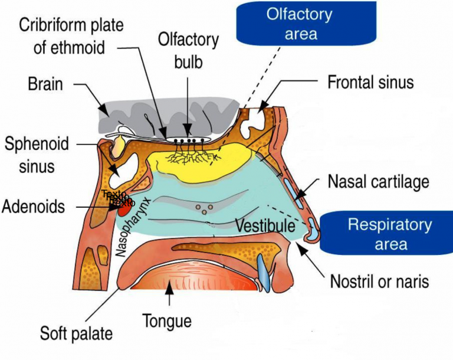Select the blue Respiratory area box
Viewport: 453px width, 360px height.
tap(390, 234)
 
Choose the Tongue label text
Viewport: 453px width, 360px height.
tap(167, 322)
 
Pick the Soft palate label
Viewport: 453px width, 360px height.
tap(76, 333)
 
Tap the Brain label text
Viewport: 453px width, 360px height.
tap(45, 84)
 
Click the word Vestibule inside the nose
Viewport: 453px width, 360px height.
tap(265, 225)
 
